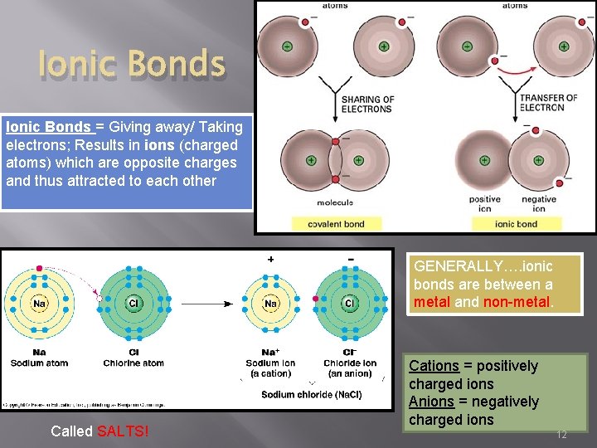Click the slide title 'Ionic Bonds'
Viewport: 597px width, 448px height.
click(x=132, y=65)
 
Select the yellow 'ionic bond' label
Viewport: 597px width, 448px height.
click(x=516, y=224)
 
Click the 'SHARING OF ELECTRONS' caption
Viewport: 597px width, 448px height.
click(x=366, y=104)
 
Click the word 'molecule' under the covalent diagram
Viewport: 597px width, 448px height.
click(x=334, y=202)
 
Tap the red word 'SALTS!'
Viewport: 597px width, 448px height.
click(x=123, y=431)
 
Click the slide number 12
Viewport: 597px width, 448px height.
click(x=561, y=434)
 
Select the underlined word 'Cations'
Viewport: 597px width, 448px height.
click(x=434, y=366)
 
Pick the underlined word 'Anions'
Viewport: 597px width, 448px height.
click(x=432, y=402)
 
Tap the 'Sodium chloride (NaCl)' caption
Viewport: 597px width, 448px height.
click(x=311, y=394)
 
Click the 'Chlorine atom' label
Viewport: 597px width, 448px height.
click(x=133, y=363)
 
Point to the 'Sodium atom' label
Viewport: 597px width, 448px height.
click(x=39, y=363)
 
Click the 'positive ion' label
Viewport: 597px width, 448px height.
click(x=485, y=203)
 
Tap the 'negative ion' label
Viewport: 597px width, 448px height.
click(x=539, y=203)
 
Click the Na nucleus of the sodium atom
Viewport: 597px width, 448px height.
click(x=39, y=304)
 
